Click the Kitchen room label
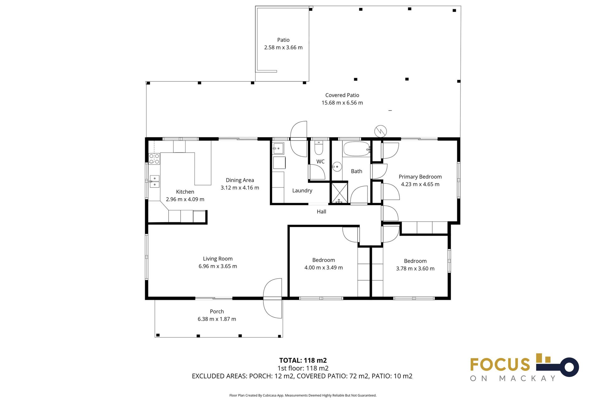[x=185, y=192]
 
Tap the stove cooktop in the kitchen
[x=154, y=159]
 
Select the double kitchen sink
[x=154, y=181]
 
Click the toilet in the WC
[x=318, y=149]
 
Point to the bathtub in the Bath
[x=356, y=149]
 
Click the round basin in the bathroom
[x=337, y=166]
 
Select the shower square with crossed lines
[x=340, y=192]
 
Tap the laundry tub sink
[x=278, y=148]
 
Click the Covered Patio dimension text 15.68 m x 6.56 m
[x=342, y=103]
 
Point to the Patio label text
[x=283, y=40]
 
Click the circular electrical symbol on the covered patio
[x=380, y=131]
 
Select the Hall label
[x=321, y=212]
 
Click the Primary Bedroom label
[x=420, y=177]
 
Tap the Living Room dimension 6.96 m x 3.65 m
[x=218, y=266]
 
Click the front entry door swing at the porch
[x=273, y=298]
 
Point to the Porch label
[x=217, y=312]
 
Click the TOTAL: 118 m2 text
[x=303, y=360]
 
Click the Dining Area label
[x=240, y=180]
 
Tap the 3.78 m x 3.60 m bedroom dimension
[x=415, y=269]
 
